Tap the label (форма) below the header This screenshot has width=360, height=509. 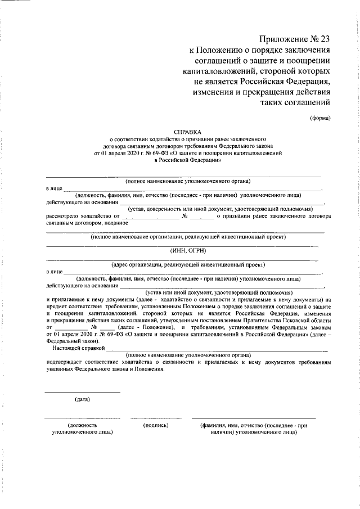click(x=320, y=118)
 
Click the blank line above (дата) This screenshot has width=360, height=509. click(x=82, y=391)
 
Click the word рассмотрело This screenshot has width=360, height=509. click(x=65, y=215)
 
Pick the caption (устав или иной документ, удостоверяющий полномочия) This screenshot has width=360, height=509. click(x=219, y=292)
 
